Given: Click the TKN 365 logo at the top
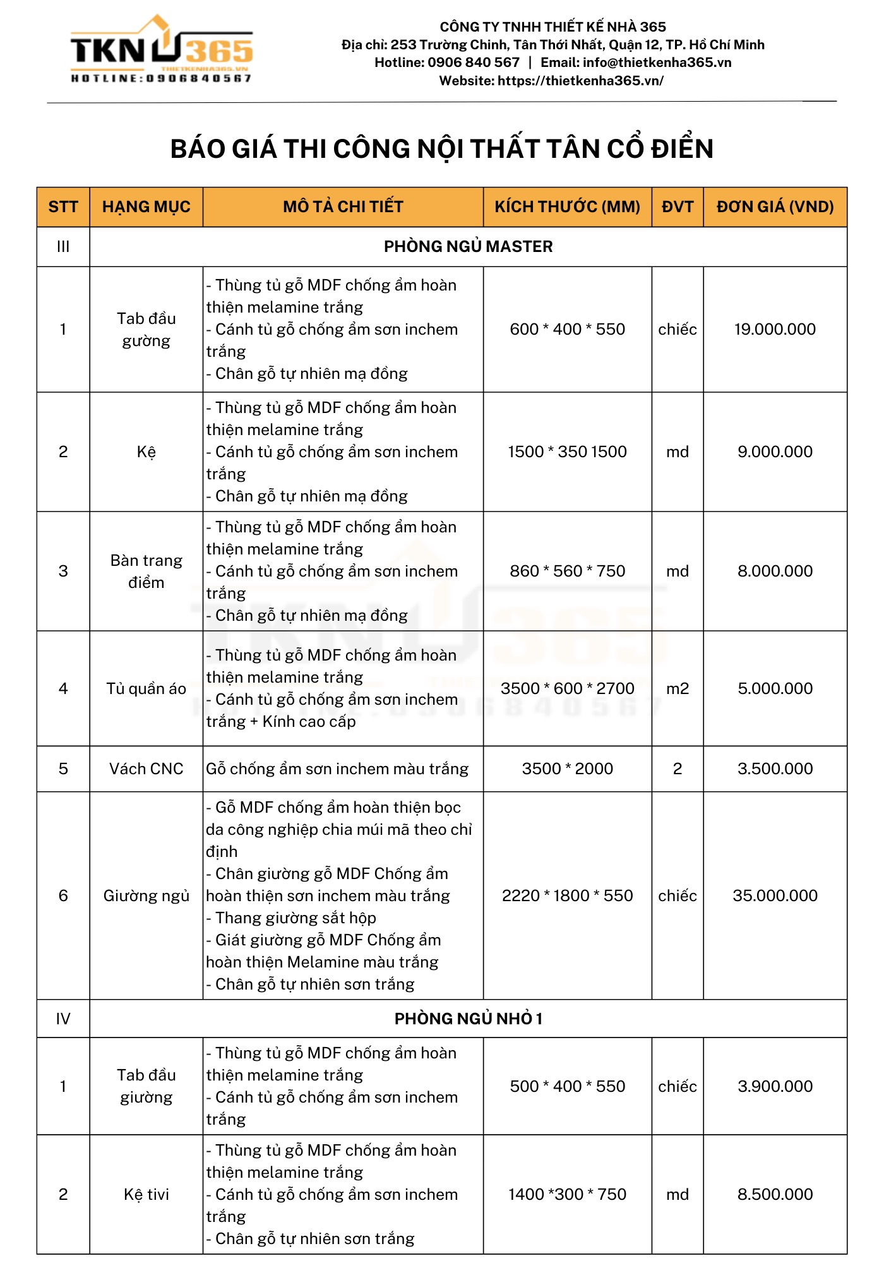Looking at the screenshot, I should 162,50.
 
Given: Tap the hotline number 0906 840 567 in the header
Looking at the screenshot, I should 473,63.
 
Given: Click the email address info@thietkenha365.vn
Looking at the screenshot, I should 657,63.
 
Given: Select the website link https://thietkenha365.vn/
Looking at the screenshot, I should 580,81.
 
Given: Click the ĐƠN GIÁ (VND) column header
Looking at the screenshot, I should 775,207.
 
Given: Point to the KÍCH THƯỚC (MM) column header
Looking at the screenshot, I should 567,207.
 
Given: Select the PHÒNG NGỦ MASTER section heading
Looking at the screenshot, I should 468,246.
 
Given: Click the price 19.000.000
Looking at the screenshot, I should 775,329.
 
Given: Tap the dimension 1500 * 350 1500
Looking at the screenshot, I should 567,452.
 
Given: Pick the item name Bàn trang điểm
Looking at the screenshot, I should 146,571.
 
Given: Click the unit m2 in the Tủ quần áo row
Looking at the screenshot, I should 678,688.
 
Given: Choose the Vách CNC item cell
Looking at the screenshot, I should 146,769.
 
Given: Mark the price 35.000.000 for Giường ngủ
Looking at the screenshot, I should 775,895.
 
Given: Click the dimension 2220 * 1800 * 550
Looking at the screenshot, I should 567,895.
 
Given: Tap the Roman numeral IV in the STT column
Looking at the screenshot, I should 63,1019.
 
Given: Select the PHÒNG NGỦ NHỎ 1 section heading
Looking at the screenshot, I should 468,1019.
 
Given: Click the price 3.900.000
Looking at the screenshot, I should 775,1086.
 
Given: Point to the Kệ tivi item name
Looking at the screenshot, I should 146,1194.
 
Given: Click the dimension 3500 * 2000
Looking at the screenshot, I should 567,769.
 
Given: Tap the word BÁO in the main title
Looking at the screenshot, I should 198,149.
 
